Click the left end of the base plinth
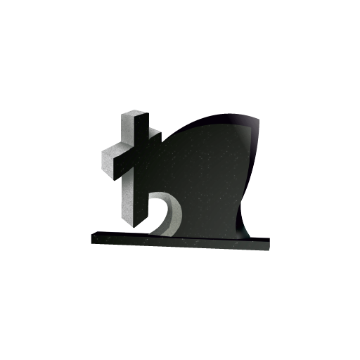(94, 239)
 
